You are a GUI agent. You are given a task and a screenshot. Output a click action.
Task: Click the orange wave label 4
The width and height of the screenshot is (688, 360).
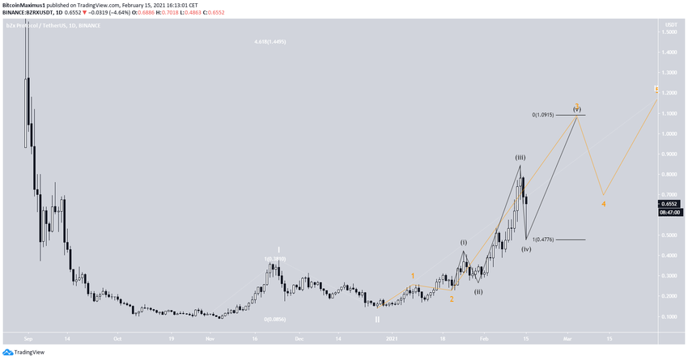(x=603, y=203)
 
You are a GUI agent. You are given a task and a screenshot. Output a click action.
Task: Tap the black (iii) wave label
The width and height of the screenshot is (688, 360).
(x=520, y=157)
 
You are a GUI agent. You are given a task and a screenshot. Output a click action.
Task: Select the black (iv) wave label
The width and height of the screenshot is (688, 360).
(x=526, y=248)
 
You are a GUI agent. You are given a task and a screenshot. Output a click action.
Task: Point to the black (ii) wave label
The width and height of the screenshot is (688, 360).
(x=478, y=291)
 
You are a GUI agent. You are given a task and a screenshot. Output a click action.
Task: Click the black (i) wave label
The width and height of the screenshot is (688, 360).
(x=464, y=242)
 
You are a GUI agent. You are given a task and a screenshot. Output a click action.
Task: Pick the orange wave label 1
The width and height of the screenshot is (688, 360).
(x=413, y=276)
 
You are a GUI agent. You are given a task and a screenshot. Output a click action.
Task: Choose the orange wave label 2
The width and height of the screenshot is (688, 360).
(x=452, y=299)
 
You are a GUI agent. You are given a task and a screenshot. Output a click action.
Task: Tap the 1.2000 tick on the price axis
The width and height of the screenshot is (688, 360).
(x=669, y=93)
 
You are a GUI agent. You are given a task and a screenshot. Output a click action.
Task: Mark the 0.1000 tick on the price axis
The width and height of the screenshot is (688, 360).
(x=669, y=316)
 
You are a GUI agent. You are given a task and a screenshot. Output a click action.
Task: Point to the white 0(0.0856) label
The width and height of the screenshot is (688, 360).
(x=276, y=319)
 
